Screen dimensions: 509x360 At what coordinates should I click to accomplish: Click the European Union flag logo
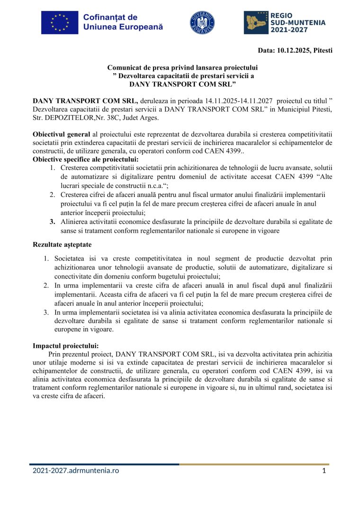click(x=59, y=22)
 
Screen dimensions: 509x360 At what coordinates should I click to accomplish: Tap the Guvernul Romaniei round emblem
click(x=202, y=22)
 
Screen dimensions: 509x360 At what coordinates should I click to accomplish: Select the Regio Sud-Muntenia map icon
click(x=256, y=22)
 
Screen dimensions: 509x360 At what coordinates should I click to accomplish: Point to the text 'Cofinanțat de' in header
click(x=110, y=18)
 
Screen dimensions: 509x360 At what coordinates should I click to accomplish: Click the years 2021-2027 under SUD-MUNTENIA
click(x=289, y=29)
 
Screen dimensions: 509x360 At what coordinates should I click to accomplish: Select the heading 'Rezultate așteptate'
click(x=62, y=245)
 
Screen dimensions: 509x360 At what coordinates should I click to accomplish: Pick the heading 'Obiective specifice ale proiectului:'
click(x=85, y=159)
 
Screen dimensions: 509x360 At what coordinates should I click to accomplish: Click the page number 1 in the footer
click(x=324, y=471)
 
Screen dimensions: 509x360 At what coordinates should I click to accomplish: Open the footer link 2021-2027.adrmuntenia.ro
click(x=76, y=471)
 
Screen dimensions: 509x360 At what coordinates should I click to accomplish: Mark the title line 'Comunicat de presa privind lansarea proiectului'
click(x=182, y=68)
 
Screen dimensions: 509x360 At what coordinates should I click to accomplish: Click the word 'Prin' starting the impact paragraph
click(x=55, y=354)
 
